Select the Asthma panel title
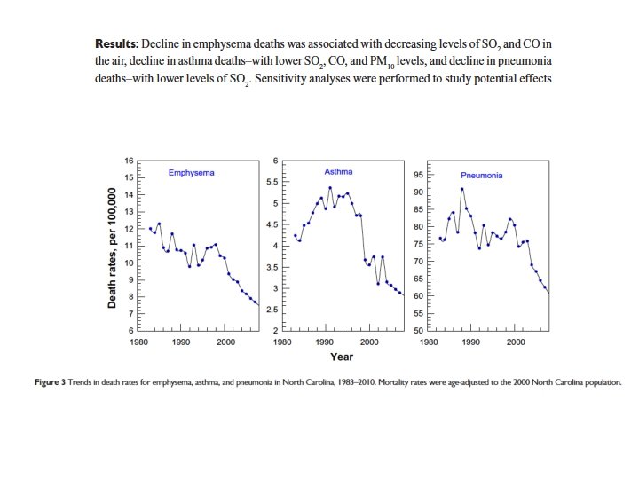pyautogui.click(x=338, y=171)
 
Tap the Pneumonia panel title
pyautogui.click(x=481, y=175)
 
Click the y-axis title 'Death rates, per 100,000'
pyautogui.click(x=113, y=247)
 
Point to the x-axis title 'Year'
pyautogui.click(x=342, y=357)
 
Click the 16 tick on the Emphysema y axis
pyautogui.click(x=129, y=161)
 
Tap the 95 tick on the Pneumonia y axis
pyautogui.click(x=418, y=175)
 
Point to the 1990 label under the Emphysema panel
pyautogui.click(x=182, y=341)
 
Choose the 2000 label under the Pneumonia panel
pyautogui.click(x=515, y=341)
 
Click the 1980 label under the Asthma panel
pyautogui.click(x=283, y=341)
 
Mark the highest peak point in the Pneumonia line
pyautogui.click(x=461, y=189)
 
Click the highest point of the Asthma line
pyautogui.click(x=330, y=187)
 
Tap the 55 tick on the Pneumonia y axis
pyautogui.click(x=418, y=313)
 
